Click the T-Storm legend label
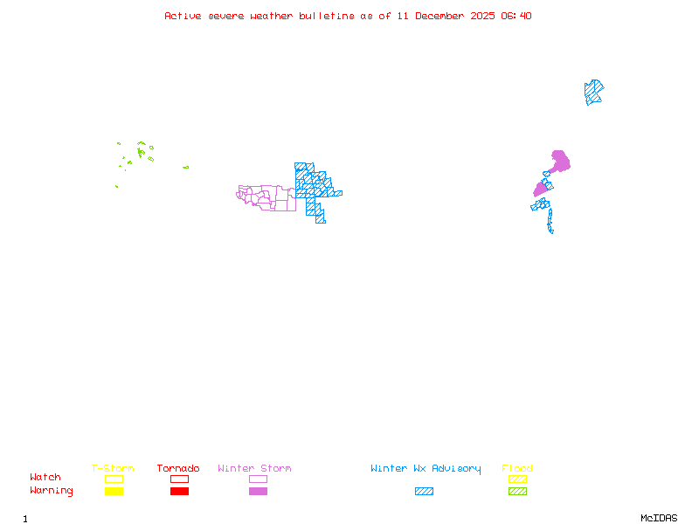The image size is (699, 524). (x=113, y=469)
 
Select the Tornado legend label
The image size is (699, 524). (x=178, y=469)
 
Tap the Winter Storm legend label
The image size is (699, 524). (x=254, y=469)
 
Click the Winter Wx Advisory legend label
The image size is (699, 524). (x=426, y=469)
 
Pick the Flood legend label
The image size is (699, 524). (x=517, y=469)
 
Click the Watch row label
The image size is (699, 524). (x=45, y=478)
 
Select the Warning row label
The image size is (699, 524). (x=52, y=491)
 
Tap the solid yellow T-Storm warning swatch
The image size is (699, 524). (x=114, y=491)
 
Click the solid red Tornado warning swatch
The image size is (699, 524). (x=179, y=491)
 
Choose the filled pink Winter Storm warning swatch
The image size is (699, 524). (x=258, y=491)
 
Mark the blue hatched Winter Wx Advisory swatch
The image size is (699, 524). (x=424, y=491)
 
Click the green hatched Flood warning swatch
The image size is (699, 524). (x=517, y=491)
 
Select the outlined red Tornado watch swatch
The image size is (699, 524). (x=179, y=479)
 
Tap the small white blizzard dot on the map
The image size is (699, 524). (x=554, y=231)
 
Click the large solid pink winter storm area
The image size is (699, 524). (x=560, y=162)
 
